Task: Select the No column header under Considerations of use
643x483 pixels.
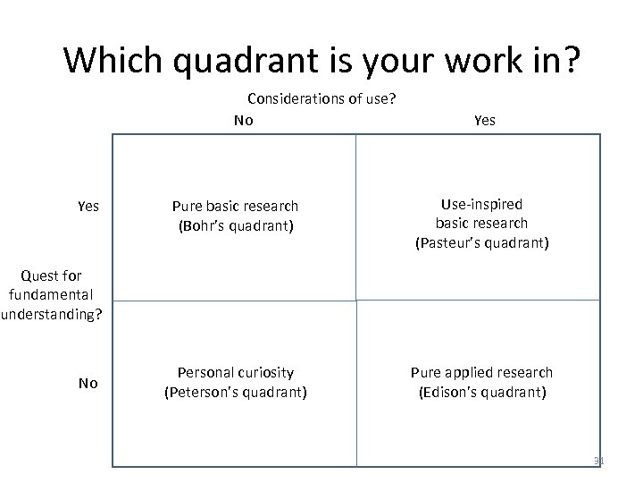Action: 243,119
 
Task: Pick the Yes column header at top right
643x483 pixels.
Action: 484,119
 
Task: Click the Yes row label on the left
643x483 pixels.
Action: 88,207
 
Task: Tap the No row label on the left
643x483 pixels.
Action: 88,383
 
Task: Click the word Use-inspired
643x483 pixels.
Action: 481,206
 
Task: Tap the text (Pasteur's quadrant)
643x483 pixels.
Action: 481,241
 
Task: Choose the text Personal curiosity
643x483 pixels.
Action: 235,372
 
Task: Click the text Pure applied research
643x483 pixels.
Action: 481,372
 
